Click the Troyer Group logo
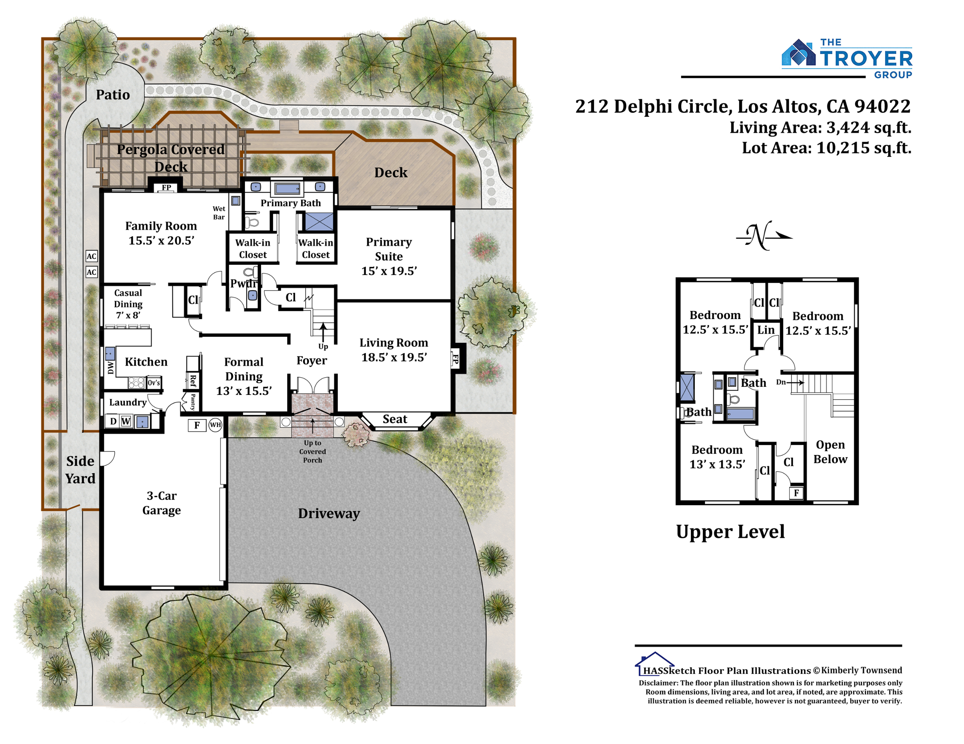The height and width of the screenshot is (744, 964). (x=846, y=59)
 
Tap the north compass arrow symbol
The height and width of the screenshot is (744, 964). (x=764, y=236)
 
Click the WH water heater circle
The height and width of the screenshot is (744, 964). (x=215, y=425)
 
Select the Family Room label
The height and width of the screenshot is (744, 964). (x=161, y=226)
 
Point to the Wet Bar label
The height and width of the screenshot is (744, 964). (x=219, y=213)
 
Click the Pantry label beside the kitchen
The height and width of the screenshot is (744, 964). (x=193, y=402)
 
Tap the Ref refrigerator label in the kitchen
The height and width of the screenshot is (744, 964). (x=192, y=380)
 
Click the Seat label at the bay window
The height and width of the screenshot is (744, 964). (x=394, y=419)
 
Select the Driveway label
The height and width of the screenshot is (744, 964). (x=329, y=513)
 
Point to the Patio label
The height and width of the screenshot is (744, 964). (x=113, y=95)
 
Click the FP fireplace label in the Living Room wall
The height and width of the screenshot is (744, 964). (x=455, y=358)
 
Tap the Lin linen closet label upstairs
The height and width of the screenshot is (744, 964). (x=766, y=330)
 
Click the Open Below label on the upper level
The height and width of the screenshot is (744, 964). (x=830, y=451)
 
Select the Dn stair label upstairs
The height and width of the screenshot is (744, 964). (x=781, y=382)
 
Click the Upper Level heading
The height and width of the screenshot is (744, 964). (x=731, y=532)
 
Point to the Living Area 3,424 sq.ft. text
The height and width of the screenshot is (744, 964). (x=820, y=128)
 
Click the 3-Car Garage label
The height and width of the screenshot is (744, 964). (x=161, y=503)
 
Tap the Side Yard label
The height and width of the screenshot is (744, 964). (x=80, y=470)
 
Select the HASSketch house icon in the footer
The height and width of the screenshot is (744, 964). (x=654, y=664)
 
